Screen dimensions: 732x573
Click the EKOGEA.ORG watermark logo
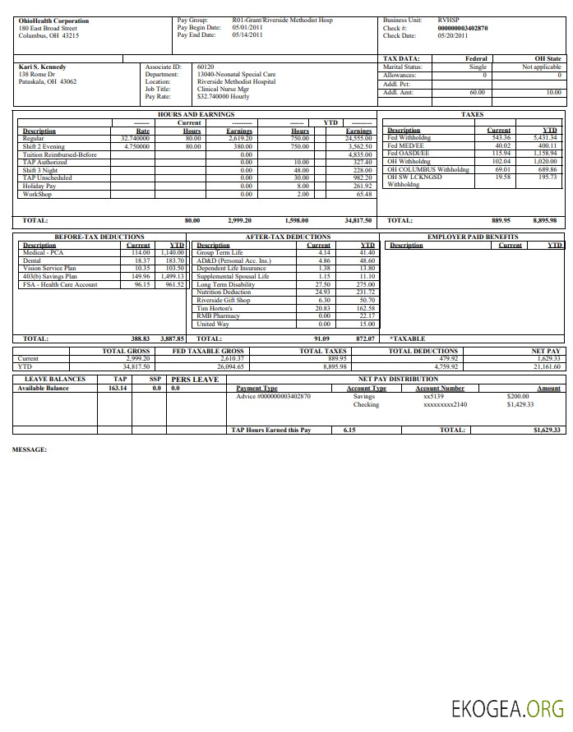(507, 707)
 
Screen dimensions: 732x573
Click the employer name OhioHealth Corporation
(54, 21)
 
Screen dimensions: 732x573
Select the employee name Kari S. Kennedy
(42, 67)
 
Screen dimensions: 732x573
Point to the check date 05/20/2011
(452, 36)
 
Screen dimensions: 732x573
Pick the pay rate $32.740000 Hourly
(224, 96)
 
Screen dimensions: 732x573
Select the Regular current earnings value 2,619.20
(240, 139)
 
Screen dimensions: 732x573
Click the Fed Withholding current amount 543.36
(499, 138)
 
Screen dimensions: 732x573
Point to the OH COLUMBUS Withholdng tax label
(428, 169)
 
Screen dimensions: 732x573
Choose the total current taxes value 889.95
(501, 220)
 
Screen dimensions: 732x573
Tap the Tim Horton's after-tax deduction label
(215, 308)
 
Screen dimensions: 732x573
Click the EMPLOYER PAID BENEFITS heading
(473, 237)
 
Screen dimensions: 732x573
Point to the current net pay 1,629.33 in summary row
(546, 358)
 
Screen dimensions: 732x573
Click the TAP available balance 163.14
(118, 388)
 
